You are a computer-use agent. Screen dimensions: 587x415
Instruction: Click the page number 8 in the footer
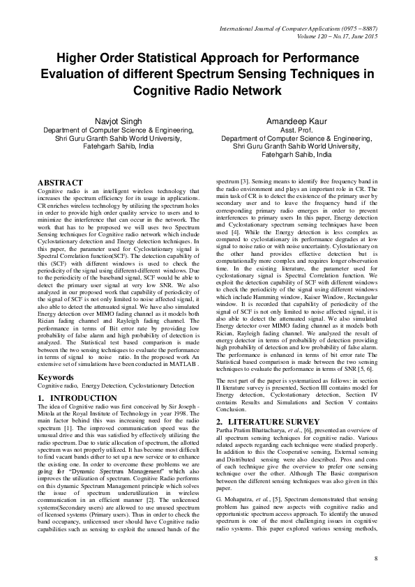coord(376,558)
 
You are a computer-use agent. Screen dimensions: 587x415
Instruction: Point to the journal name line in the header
coord(299,26)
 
